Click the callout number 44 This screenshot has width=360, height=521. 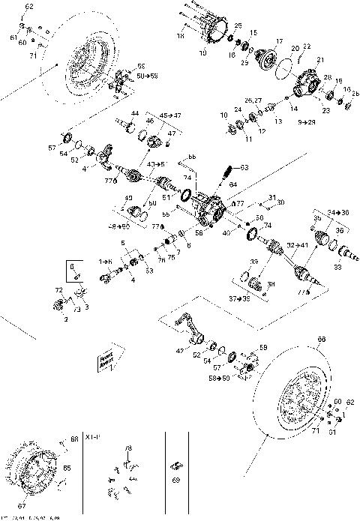coord(135,113)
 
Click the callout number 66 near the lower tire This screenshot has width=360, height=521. coord(322,340)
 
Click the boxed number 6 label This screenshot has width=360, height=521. coord(73,266)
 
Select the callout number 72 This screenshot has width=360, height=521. coord(58,289)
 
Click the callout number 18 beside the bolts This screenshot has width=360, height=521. coord(179,35)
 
